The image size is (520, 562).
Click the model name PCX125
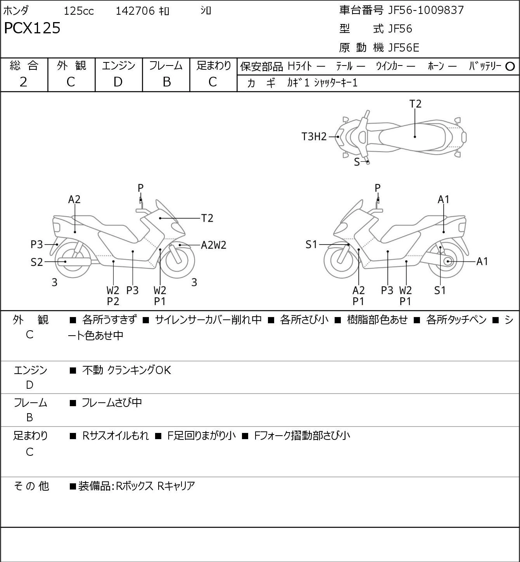point(32,28)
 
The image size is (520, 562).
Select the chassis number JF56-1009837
point(426,10)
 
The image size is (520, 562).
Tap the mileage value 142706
point(135,11)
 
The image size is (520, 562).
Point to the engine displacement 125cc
point(79,11)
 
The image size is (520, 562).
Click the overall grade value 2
point(24,82)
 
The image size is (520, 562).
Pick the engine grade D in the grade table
point(118,82)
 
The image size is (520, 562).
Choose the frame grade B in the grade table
point(166,82)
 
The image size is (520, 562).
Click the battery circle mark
point(510,67)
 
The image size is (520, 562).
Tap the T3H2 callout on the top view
point(314,137)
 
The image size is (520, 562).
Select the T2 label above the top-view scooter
point(415,104)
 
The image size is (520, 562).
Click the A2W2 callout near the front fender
point(214,245)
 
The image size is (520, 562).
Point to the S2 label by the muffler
point(36,262)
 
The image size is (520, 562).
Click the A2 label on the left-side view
point(74,200)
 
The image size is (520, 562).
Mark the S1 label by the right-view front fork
point(311,245)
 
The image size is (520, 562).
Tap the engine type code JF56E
point(404,48)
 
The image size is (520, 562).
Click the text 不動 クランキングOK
point(126,370)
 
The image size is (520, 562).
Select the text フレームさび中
point(112,402)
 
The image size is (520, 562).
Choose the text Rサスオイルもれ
point(115,436)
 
